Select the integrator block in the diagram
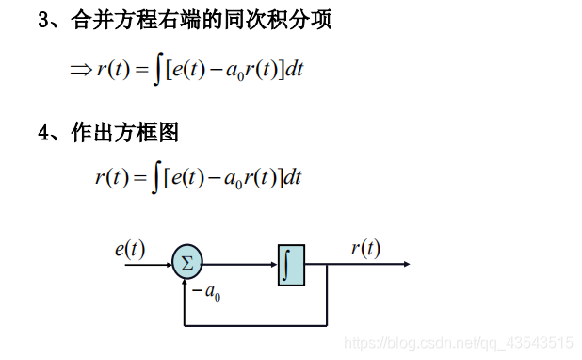[291, 265]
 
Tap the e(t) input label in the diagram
[130, 249]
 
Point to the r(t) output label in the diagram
[365, 249]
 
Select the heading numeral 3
[43, 20]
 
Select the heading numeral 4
[43, 134]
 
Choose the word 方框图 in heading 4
[151, 134]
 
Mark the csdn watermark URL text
[460, 343]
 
